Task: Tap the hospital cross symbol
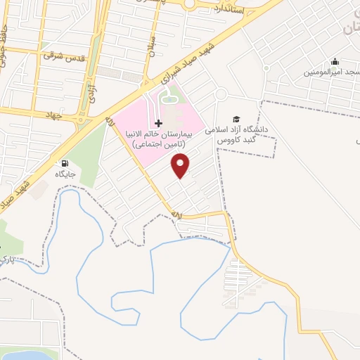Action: click(x=158, y=123)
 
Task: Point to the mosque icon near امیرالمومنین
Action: click(x=335, y=62)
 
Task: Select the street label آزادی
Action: click(x=91, y=92)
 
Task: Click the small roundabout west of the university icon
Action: click(x=221, y=94)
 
